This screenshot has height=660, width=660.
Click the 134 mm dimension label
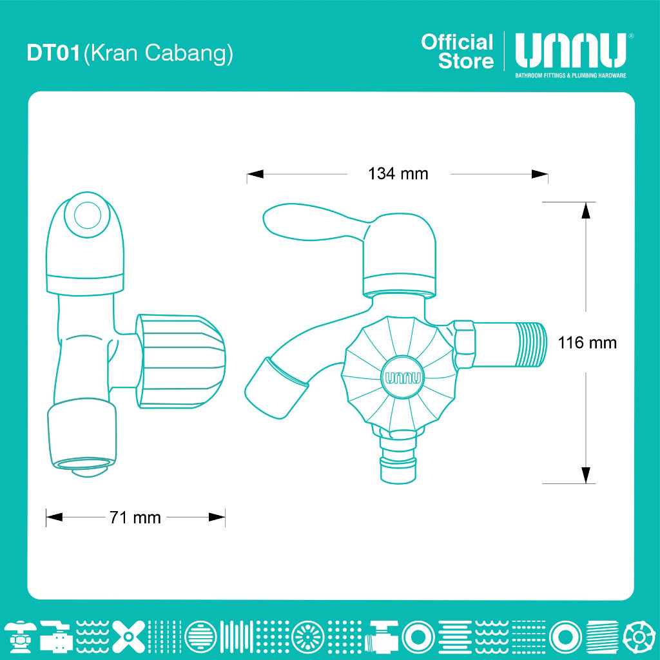(398, 174)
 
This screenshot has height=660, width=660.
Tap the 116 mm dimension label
(587, 343)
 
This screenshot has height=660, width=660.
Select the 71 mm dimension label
(135, 518)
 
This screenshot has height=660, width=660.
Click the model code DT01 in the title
(53, 53)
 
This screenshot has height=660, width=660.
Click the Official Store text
(457, 52)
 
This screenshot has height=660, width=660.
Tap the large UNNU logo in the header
(571, 50)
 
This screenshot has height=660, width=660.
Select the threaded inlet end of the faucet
(531, 344)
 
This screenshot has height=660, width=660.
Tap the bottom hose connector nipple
(398, 458)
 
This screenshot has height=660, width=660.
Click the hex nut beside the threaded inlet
(464, 344)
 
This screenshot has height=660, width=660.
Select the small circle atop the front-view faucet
(88, 215)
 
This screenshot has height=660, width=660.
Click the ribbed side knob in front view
(180, 361)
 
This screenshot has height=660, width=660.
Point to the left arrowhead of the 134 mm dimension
(255, 174)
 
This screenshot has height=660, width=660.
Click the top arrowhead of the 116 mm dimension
(585, 211)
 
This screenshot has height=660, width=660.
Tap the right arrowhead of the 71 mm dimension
(217, 518)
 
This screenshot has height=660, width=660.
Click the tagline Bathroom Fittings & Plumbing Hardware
(571, 75)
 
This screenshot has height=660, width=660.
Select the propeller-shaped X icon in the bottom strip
(129, 636)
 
